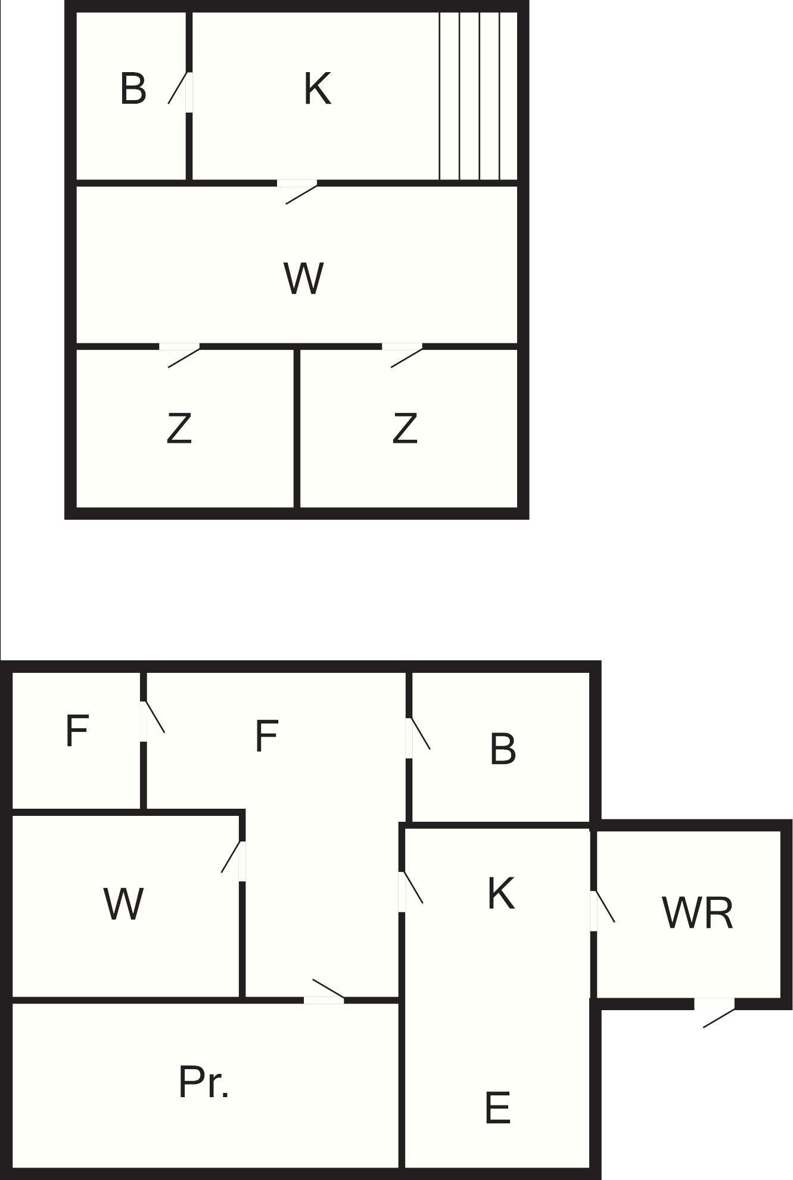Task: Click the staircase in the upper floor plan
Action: (478, 96)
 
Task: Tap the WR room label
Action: (697, 912)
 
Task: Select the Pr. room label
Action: (203, 1082)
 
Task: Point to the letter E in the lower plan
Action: (498, 1107)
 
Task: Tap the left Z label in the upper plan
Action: (179, 428)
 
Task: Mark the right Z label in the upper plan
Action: (405, 428)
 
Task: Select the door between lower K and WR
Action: (602, 911)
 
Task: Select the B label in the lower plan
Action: (503, 749)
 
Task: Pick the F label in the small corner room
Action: (77, 730)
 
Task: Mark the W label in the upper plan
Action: (304, 278)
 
